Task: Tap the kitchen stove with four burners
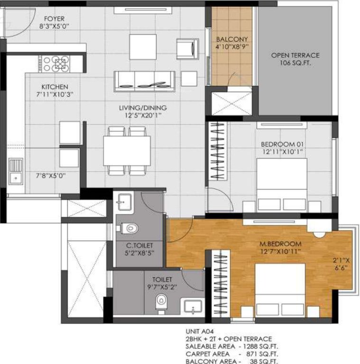click(56, 64)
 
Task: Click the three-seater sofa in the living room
click(144, 81)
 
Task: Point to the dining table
click(127, 151)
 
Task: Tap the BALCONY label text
click(231, 39)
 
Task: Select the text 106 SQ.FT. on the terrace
click(295, 63)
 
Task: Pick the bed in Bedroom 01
click(282, 182)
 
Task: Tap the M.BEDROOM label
click(280, 244)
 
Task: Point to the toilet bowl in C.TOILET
click(128, 228)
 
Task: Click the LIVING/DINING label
click(143, 108)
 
